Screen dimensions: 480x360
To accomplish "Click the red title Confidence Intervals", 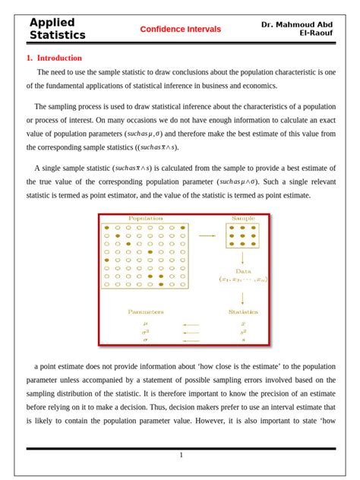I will point(180,29).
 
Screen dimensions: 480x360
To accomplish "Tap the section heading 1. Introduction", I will point(54,58).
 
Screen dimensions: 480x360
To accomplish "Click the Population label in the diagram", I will point(145,219).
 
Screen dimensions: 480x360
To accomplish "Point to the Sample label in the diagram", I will point(243,219).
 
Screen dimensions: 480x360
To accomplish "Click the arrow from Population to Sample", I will point(207,236).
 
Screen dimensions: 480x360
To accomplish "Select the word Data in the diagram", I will point(243,270).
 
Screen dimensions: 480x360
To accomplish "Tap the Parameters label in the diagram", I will point(145,311).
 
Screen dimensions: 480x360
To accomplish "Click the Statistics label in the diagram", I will point(243,311).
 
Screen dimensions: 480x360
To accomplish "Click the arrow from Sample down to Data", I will point(243,257).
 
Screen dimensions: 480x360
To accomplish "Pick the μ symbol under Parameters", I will point(145,323).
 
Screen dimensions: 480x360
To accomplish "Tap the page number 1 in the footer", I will point(181,455).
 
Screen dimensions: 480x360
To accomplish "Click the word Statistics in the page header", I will point(57,35).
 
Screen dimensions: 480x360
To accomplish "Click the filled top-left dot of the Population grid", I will point(107,227).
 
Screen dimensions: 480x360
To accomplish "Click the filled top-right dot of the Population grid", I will point(183,227).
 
